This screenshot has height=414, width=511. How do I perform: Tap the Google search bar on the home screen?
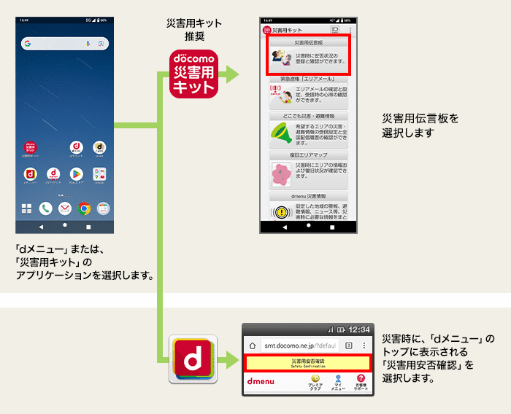(x=64, y=44)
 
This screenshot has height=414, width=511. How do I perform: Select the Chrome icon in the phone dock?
(x=84, y=208)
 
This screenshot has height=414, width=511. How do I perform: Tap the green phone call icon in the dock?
(x=45, y=208)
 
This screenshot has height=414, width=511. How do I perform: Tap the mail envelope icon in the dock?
(x=64, y=208)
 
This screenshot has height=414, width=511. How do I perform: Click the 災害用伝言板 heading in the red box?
(x=307, y=43)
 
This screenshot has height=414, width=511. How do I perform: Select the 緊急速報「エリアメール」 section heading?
(x=307, y=78)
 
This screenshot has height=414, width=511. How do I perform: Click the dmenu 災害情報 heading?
(x=307, y=196)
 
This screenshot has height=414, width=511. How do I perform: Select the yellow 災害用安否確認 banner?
(x=307, y=362)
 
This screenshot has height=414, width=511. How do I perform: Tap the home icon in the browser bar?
(x=252, y=345)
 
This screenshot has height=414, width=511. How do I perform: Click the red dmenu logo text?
(x=261, y=382)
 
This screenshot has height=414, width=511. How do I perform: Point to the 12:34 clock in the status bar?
(x=358, y=329)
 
